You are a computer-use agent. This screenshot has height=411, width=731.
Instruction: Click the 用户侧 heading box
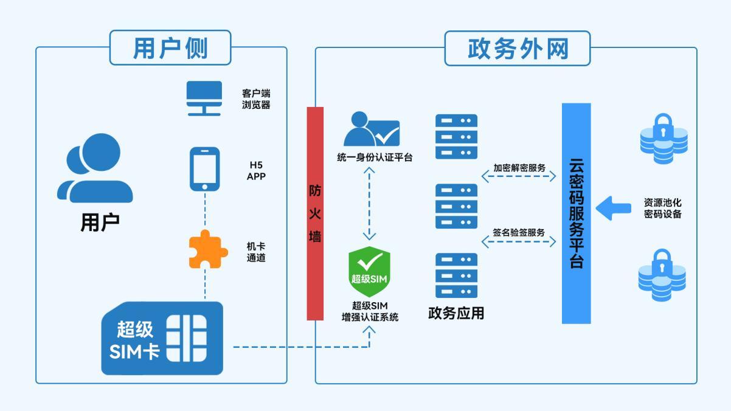170,47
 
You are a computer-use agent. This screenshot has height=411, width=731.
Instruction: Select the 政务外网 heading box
518,48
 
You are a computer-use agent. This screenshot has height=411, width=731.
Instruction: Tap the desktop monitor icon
204,98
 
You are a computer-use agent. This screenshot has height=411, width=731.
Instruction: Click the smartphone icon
204,168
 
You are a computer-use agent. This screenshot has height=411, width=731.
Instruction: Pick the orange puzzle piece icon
207,249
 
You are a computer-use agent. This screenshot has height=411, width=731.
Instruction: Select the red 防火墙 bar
315,213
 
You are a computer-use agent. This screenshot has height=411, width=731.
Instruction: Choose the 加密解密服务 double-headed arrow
519,177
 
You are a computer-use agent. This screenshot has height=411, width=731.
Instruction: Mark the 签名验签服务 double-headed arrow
519,242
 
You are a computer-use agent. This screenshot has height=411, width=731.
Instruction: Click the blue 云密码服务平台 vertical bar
576,213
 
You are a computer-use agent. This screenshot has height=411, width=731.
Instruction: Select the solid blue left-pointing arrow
612,208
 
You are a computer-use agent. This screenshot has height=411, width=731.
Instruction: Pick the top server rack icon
456,137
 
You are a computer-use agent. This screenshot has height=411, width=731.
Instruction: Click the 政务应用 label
456,313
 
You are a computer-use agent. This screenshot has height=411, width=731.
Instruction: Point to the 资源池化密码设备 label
662,208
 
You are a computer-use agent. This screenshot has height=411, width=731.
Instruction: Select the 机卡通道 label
256,252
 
